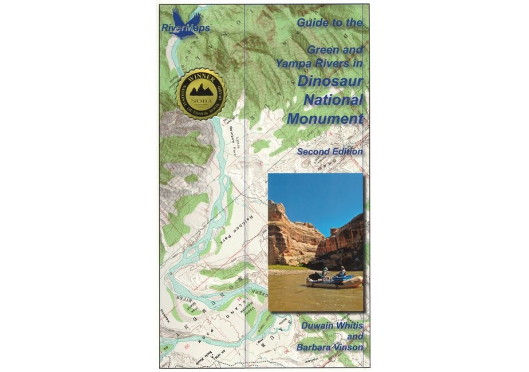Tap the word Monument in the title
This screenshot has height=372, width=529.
[x=325, y=119]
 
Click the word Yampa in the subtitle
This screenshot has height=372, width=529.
[x=291, y=64]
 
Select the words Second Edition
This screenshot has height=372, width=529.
[x=329, y=151]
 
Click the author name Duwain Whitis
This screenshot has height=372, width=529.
[x=330, y=324]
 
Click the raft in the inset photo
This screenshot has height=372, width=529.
[x=334, y=281]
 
